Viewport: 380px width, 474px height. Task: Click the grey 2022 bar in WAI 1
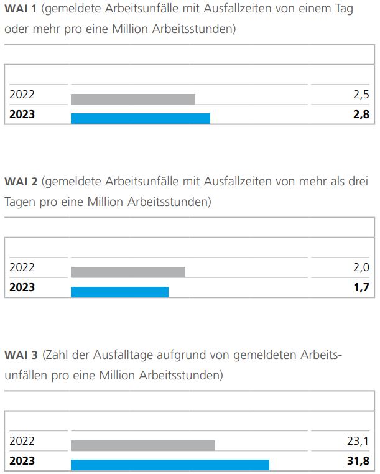tap(132, 99)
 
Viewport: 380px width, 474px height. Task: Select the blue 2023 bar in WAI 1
tap(141, 118)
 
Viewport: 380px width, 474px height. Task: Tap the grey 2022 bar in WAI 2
tap(128, 272)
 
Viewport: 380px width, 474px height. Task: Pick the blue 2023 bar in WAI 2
tap(119, 292)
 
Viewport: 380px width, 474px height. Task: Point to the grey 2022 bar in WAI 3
tap(143, 445)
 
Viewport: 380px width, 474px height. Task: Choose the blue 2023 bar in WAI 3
tap(170, 465)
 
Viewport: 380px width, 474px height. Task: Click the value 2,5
tap(361, 95)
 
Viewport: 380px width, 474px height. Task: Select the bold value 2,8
tap(361, 114)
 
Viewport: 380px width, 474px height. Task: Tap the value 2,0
tap(361, 268)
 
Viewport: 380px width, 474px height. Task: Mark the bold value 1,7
tap(361, 287)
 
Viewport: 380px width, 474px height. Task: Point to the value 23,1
tap(358, 442)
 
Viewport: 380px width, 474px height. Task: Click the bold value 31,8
tap(358, 461)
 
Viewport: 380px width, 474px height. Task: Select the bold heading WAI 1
tap(21, 9)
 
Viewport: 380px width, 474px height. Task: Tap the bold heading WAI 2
tap(21, 182)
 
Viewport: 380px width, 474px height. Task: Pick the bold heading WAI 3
tap(21, 355)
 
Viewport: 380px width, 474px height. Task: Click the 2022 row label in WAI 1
tap(22, 95)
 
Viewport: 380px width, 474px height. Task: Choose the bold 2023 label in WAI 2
tap(22, 287)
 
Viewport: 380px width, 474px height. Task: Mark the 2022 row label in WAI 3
tap(22, 442)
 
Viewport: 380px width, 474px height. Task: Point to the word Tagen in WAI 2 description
tap(19, 203)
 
